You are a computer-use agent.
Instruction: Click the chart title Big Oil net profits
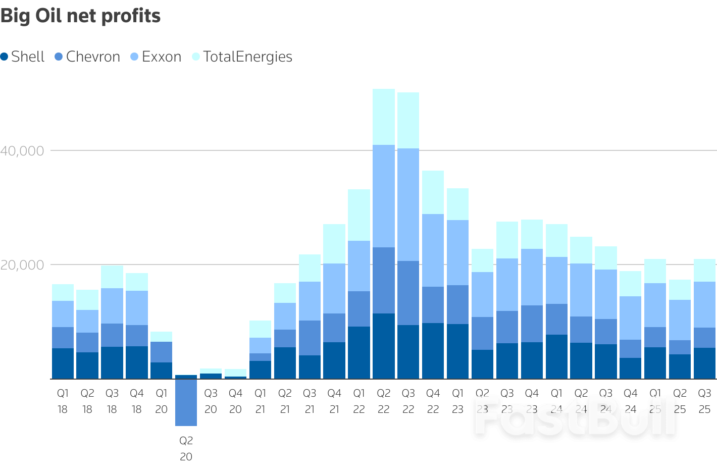(80, 16)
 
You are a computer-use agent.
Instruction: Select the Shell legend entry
(23, 57)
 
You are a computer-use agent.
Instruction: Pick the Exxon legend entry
(156, 57)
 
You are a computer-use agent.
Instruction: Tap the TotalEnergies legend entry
(242, 57)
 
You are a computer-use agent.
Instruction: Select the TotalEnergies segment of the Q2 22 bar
(384, 117)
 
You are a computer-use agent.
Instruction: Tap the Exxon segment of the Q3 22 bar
(408, 204)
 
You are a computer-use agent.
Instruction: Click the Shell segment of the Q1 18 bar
(63, 363)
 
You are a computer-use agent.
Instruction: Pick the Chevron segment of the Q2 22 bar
(384, 280)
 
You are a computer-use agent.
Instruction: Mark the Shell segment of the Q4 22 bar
(433, 351)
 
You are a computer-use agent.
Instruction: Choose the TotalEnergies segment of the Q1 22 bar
(359, 215)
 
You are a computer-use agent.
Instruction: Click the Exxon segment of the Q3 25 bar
(704, 304)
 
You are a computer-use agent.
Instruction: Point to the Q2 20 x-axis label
(186, 448)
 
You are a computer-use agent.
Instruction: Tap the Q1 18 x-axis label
(63, 401)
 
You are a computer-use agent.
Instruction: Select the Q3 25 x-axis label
(704, 401)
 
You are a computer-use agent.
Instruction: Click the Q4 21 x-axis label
(334, 401)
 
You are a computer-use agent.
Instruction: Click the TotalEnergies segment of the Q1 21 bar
(260, 329)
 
